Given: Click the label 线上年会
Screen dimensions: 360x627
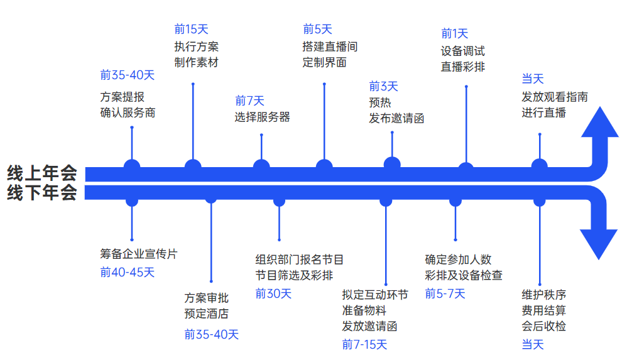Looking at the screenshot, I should coord(42,172).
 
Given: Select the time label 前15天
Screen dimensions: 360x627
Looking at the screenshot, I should coord(191,29).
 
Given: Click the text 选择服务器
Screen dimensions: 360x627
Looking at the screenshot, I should coord(262,117).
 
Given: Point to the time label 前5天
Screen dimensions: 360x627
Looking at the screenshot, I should coord(317,29).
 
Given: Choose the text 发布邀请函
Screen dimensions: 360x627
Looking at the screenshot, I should coord(396,117).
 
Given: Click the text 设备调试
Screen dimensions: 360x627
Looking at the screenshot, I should coord(463,51).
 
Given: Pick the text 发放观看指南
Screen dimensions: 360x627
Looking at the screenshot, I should coord(555,97).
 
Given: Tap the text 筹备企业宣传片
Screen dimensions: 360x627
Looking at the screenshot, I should coord(139,254).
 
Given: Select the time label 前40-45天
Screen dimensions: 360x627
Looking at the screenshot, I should coord(127,272).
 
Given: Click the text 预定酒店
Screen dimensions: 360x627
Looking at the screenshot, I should coord(206,314).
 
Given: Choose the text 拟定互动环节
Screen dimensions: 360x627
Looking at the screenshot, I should coord(375,295).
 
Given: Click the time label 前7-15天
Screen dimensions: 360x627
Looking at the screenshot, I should coord(364,344).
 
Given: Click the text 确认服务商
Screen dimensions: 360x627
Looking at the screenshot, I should coord(128,112).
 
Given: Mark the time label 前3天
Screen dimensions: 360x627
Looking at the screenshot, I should coord(383,87).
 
